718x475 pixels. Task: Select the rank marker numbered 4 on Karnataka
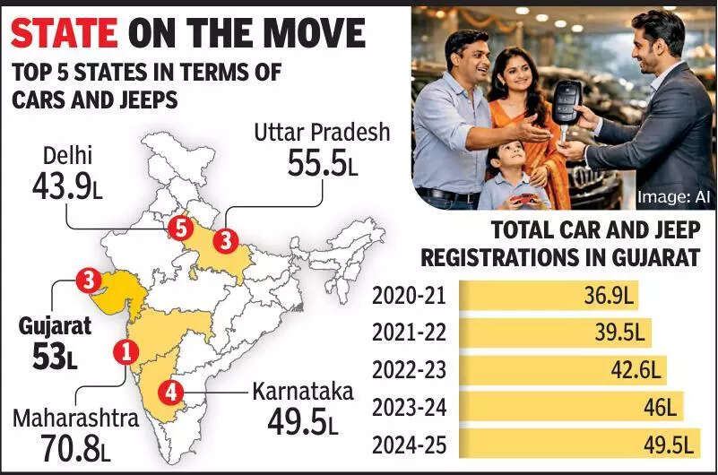169,392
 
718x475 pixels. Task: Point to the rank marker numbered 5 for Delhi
182,229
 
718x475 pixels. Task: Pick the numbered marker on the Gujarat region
88,281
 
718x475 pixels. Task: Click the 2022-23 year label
409,369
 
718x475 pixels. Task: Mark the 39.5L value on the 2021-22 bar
620,332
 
